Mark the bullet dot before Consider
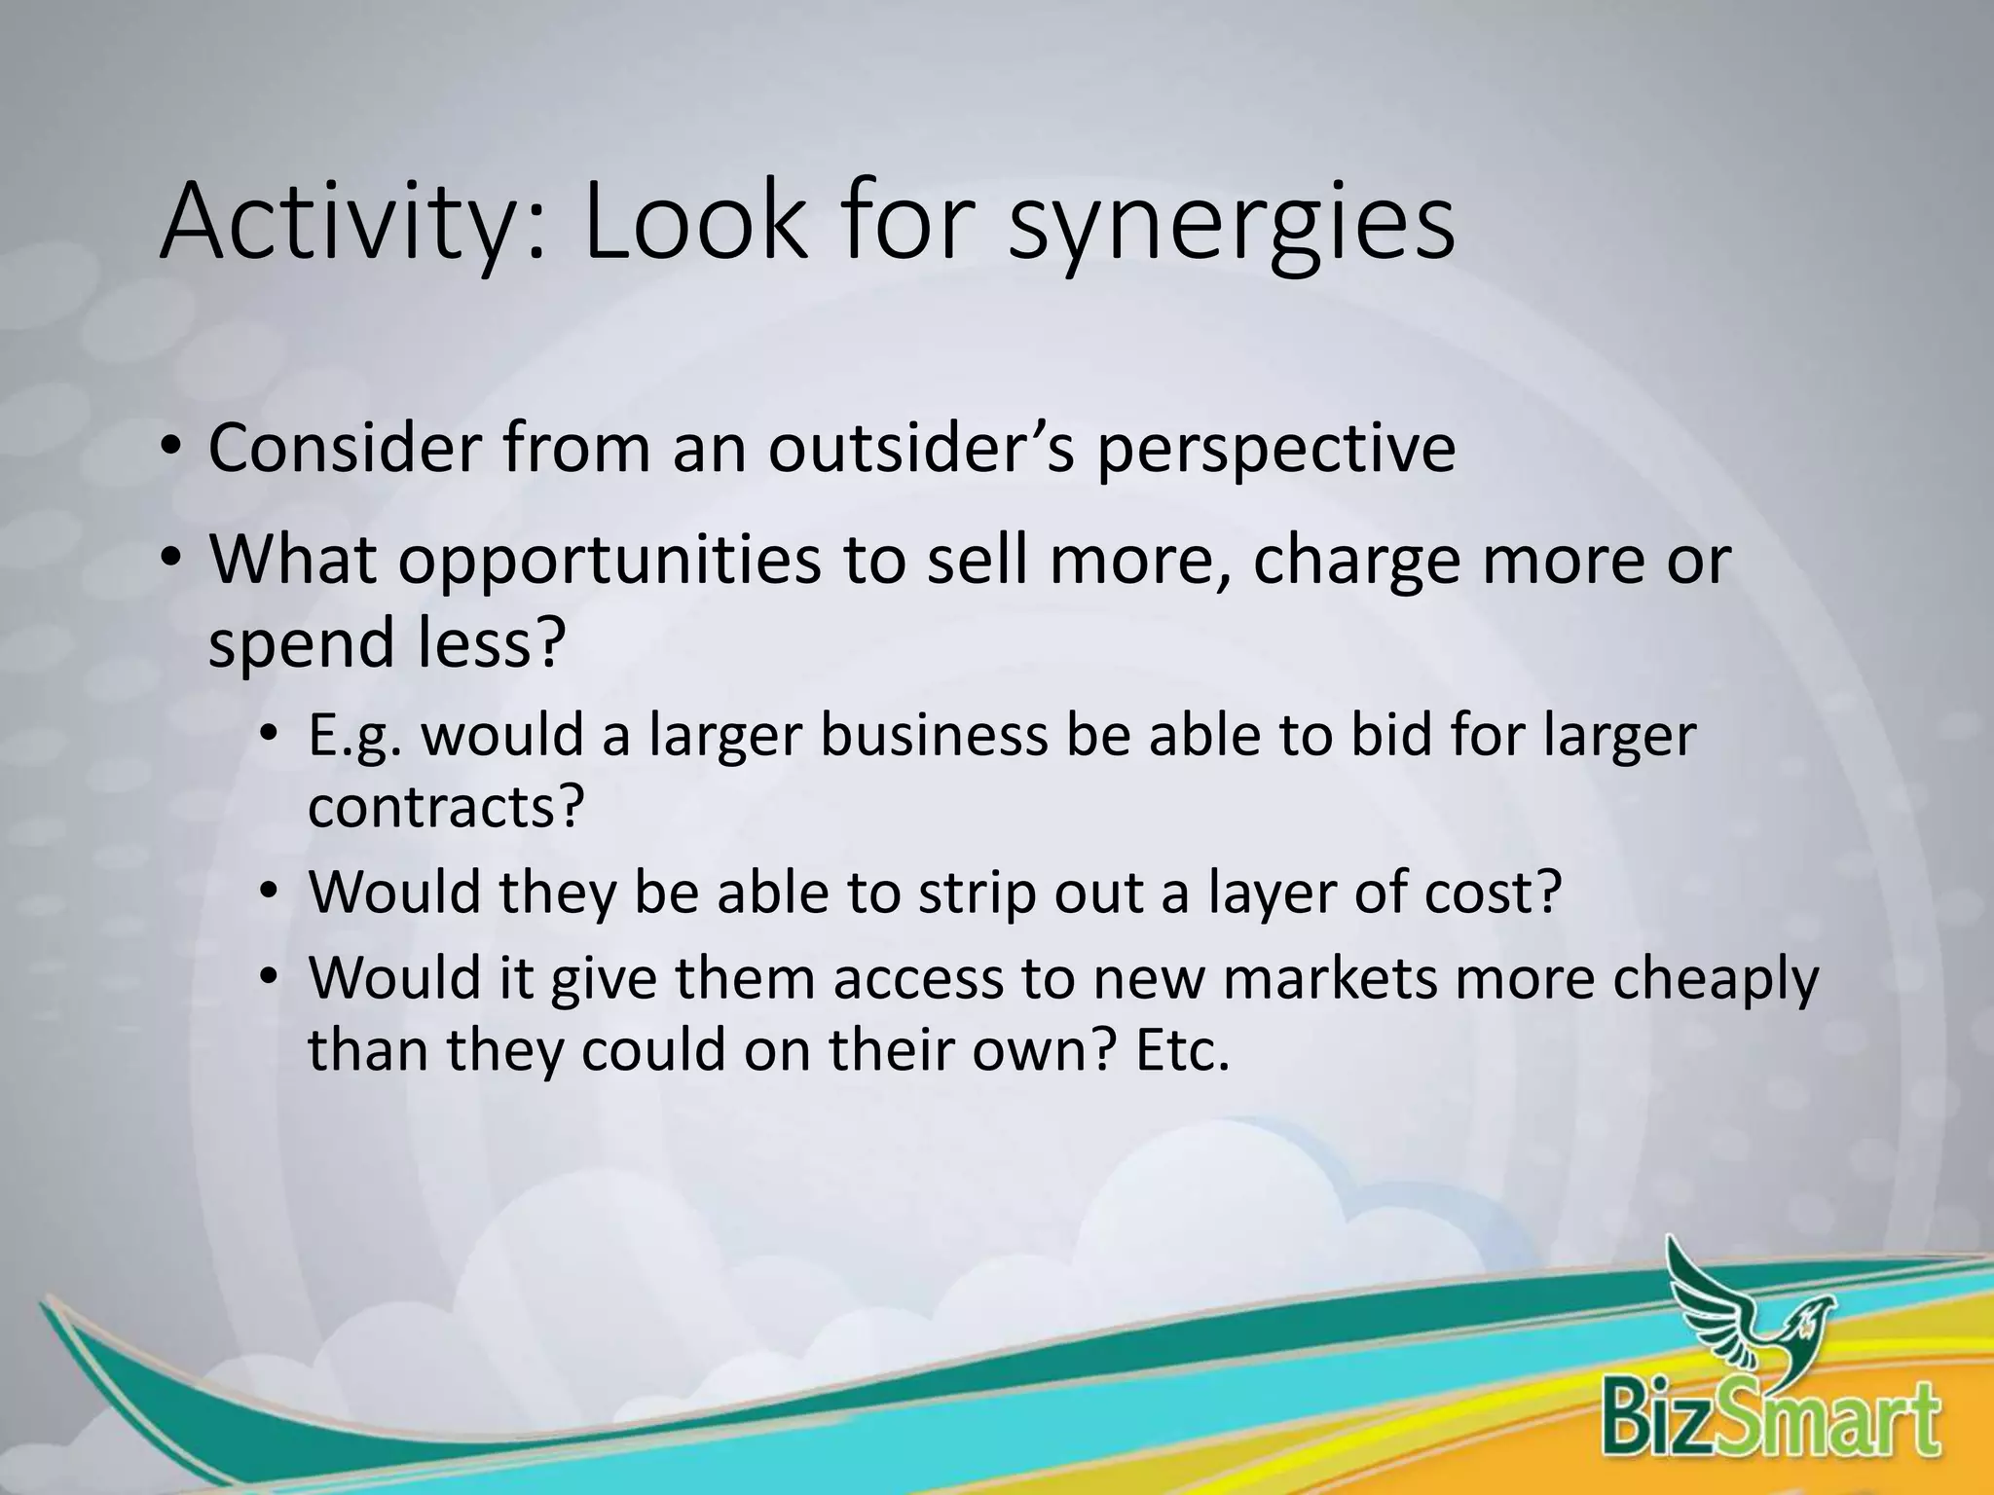171,449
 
